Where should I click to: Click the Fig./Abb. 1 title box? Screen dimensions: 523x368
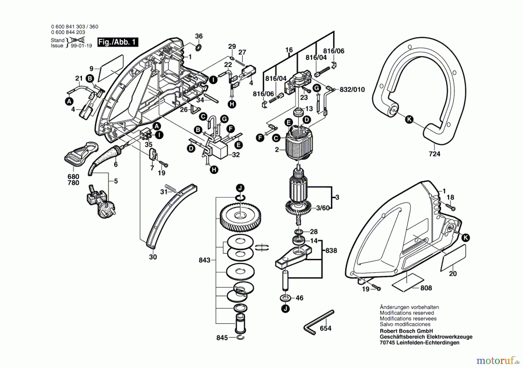(118, 42)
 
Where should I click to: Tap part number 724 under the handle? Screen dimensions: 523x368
(434, 154)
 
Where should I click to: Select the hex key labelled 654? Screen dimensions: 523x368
(318, 322)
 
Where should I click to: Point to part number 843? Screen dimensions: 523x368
(205, 260)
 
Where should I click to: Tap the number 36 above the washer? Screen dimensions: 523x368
(199, 36)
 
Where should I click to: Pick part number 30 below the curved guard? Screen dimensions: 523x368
(153, 257)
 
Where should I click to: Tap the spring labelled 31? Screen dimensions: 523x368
(171, 188)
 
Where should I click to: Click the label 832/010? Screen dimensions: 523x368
(352, 90)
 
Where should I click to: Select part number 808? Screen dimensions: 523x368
(426, 288)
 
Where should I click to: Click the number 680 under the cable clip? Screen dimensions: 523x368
(73, 176)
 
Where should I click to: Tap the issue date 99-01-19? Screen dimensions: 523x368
(81, 46)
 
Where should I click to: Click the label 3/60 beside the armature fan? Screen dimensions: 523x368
(323, 208)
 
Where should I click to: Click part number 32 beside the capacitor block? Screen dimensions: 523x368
(236, 155)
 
